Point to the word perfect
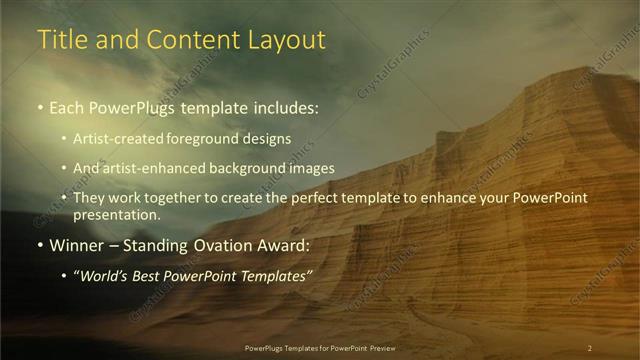tap(336, 198)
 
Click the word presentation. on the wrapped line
tap(117, 214)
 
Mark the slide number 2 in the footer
tap(590, 348)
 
